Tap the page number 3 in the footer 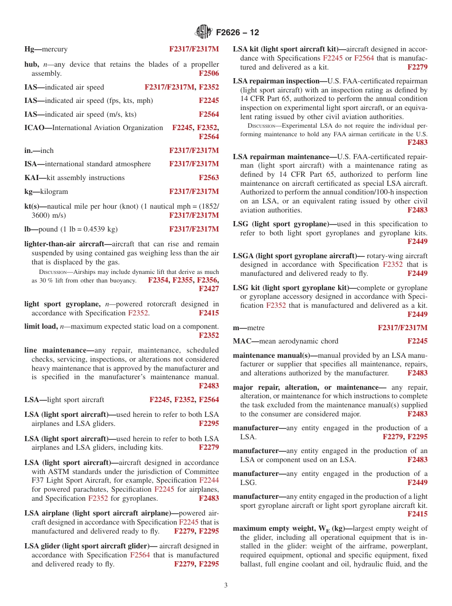click(x=226, y=586)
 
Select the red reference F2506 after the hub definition click(x=209, y=73)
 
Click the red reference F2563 click(x=209, y=178)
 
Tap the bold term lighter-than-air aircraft click(x=64, y=244)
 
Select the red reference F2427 click(x=209, y=289)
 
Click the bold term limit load click(x=41, y=326)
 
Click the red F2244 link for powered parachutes click(x=209, y=480)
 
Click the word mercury click(x=55, y=49)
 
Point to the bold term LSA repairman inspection click(x=276, y=81)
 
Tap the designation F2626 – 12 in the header click(x=237, y=32)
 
